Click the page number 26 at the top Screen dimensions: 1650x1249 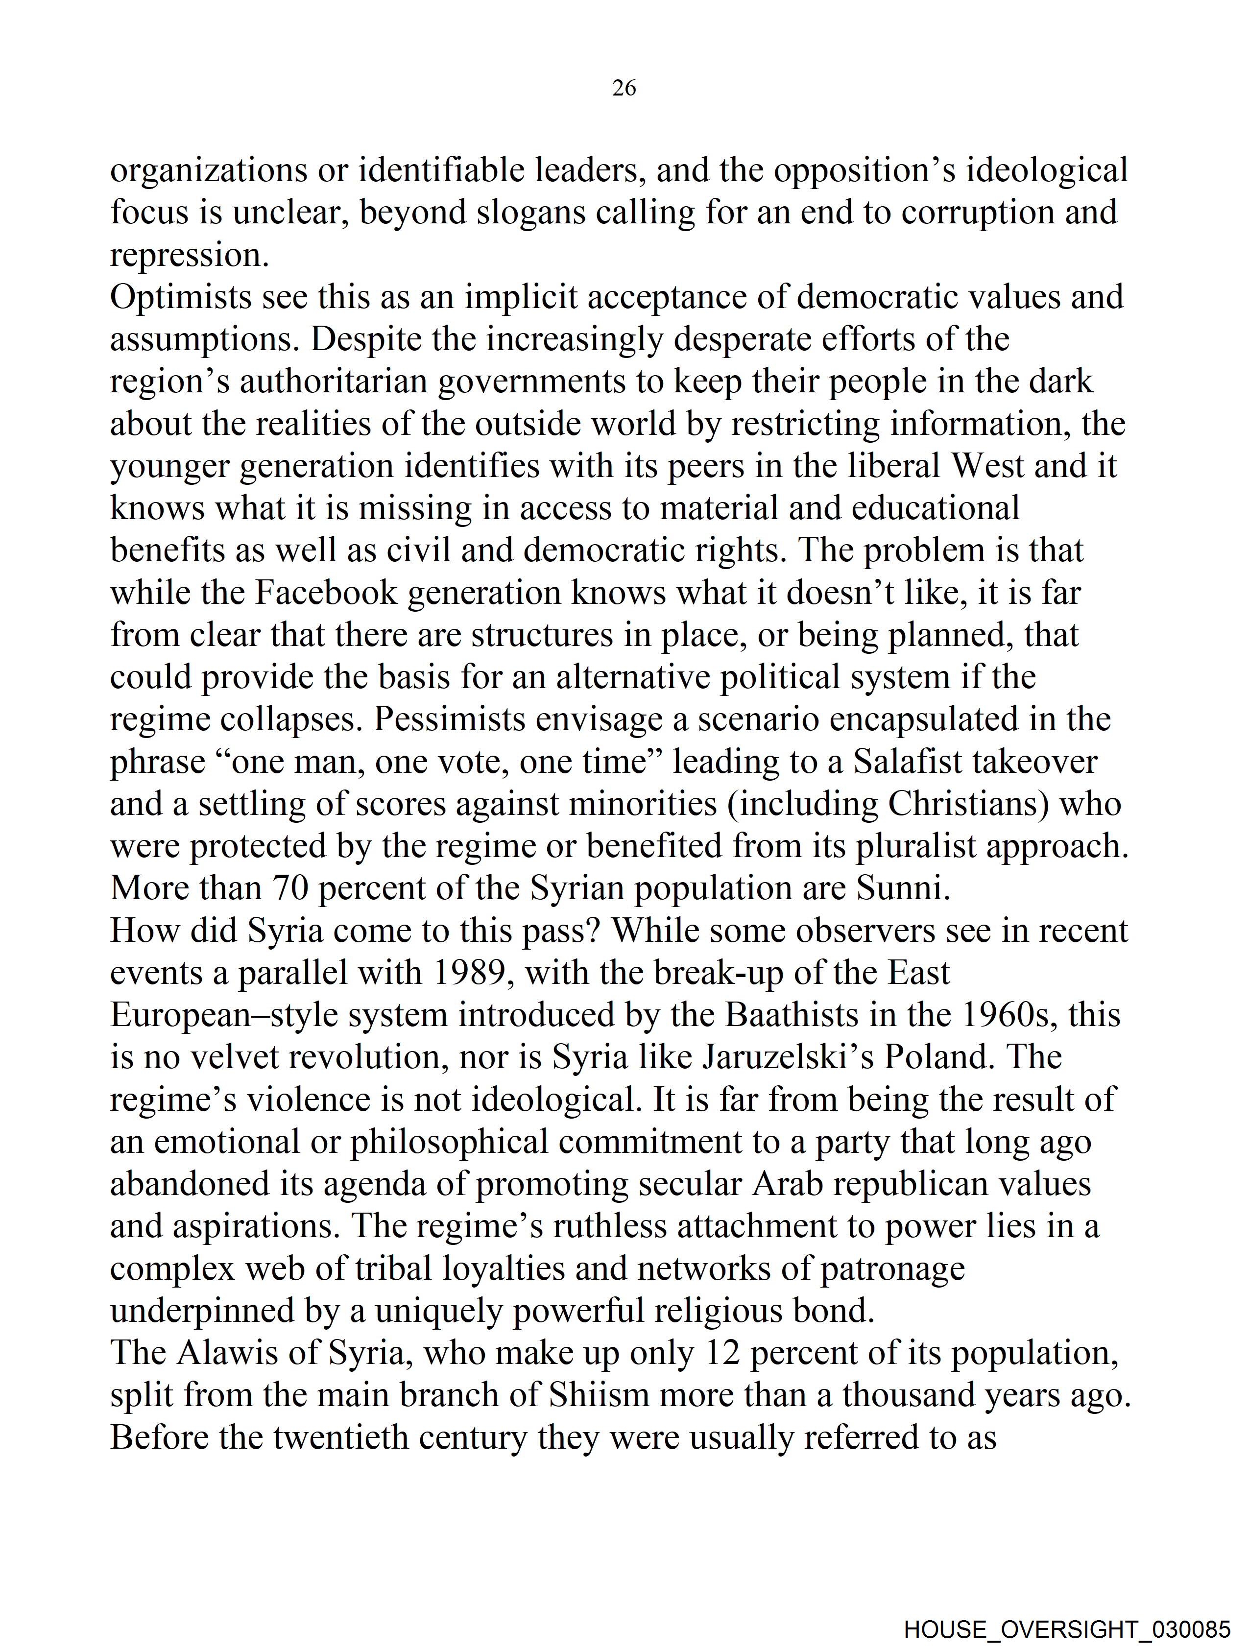pyautogui.click(x=624, y=88)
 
